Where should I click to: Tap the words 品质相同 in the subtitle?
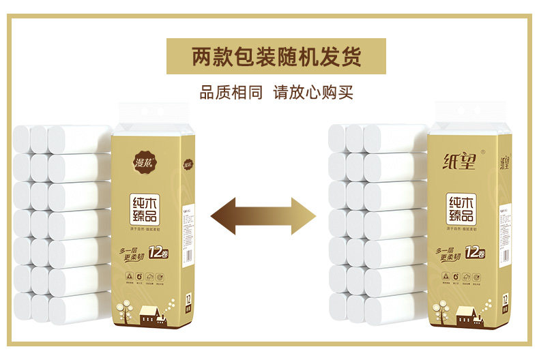coord(230,92)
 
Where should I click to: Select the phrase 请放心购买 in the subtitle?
coord(313,92)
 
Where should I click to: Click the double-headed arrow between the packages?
coord(263,216)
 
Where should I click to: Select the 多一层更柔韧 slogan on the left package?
coord(134,254)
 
